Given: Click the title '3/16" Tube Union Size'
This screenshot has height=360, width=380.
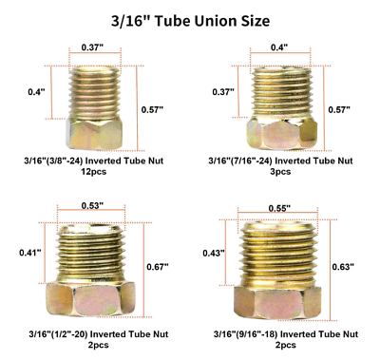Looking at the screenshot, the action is tap(190, 21).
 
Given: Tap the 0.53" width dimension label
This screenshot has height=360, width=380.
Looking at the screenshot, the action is tap(92, 205).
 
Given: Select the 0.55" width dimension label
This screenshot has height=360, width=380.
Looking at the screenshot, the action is tap(279, 208).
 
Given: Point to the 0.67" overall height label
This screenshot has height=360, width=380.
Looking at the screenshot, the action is tap(158, 267).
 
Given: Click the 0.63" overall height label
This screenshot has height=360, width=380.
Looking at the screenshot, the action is tap(343, 267).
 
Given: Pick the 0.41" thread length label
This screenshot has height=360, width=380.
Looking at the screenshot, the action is tap(30, 253).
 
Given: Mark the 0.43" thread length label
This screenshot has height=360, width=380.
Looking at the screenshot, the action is tap(214, 253).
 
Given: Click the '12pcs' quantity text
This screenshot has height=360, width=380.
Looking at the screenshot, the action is tap(94, 172).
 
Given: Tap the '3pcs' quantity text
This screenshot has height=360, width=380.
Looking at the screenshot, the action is tap(280, 172).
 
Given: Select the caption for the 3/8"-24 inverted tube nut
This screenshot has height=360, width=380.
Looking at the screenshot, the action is tap(94, 161).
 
